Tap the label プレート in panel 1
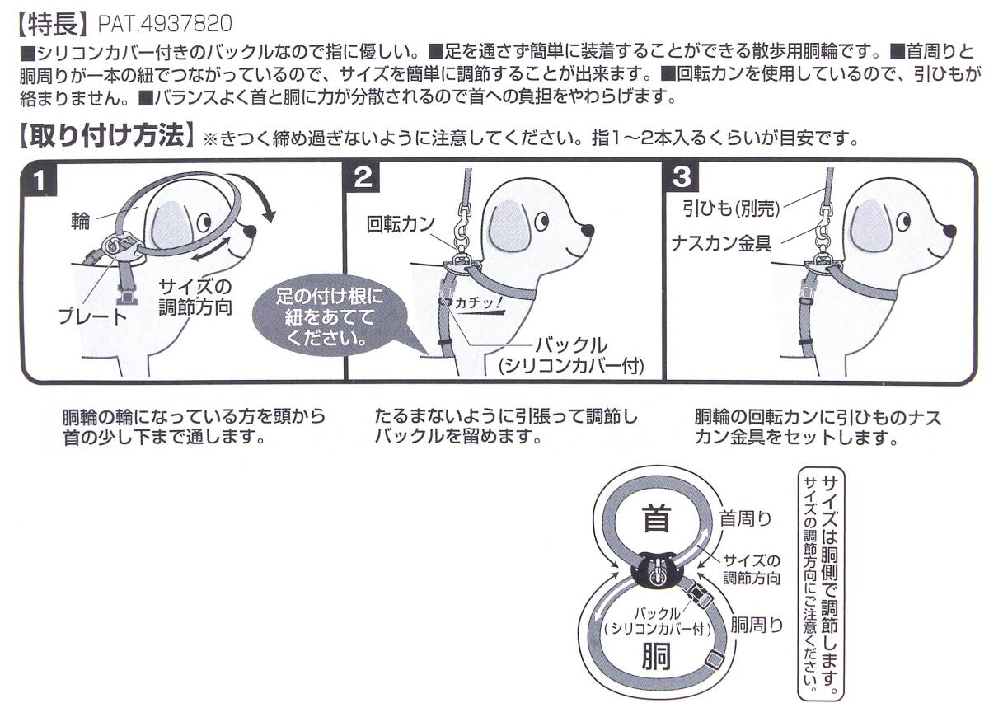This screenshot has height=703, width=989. (92, 316)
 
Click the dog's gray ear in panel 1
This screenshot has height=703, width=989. (172, 221)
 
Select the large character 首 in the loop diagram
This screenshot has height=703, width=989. (655, 521)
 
